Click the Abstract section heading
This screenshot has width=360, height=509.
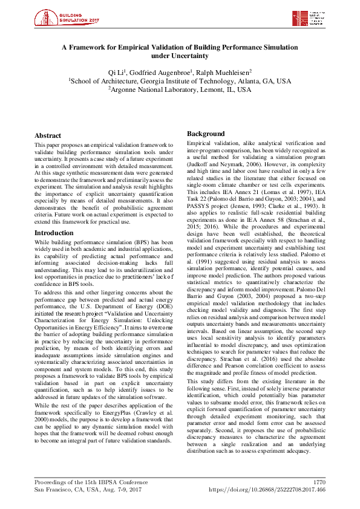48,136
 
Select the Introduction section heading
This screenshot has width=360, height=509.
54,216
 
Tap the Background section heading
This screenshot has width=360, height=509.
206,133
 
